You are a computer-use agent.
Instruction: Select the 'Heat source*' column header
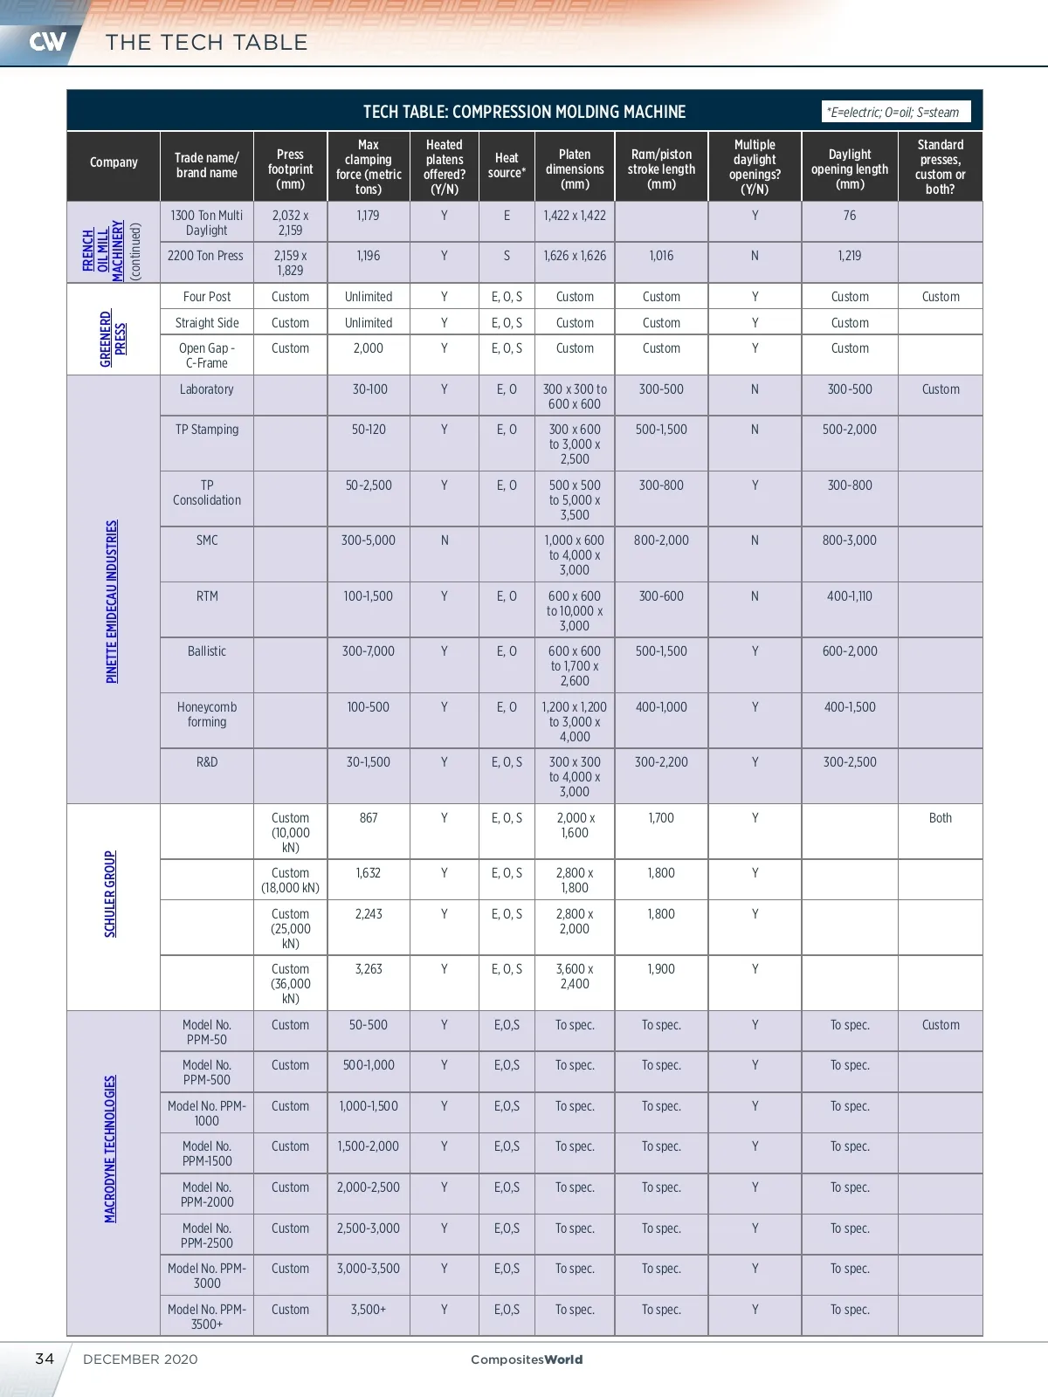507,165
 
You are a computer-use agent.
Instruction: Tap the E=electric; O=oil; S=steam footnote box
894,112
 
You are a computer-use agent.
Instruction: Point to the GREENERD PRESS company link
113,339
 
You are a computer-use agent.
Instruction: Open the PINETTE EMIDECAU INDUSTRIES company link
112,602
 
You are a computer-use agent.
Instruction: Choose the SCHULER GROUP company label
110,894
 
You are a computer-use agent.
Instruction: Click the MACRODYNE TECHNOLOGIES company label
110,1149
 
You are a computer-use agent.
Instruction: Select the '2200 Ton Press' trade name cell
206,256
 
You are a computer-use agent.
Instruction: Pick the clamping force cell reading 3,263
369,969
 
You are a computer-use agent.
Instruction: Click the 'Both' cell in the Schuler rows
940,818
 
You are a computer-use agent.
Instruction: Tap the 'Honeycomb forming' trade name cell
207,714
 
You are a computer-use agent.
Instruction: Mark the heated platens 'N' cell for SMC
445,540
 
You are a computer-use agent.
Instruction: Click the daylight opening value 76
849,216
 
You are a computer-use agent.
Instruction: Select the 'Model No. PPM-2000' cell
207,1194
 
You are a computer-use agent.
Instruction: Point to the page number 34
45,1359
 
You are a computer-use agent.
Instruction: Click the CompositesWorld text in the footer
527,1359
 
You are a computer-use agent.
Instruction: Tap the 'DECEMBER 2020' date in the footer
141,1359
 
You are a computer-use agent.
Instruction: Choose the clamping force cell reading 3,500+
369,1310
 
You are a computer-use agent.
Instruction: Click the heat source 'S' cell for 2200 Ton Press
507,256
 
